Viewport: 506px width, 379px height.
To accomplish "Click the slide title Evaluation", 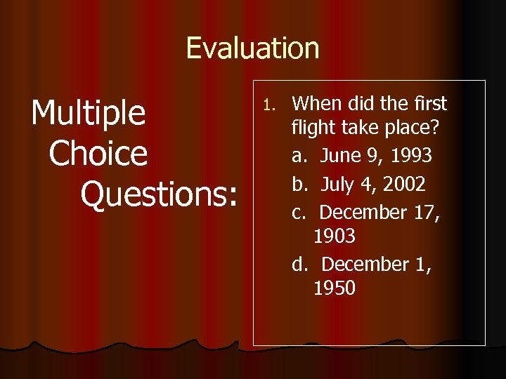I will (252, 48).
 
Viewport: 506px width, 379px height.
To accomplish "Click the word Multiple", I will (89, 113).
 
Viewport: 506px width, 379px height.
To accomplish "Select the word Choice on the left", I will (99, 154).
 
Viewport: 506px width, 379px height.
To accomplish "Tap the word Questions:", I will (159, 194).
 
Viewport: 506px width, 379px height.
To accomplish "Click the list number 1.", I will (266, 105).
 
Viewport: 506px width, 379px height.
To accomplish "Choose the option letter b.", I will (298, 184).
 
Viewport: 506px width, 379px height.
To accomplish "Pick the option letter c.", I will (297, 211).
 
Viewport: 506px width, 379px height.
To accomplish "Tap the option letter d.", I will (298, 264).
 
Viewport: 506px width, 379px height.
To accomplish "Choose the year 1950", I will (335, 288).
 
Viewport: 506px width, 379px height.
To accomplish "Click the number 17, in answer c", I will (426, 211).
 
